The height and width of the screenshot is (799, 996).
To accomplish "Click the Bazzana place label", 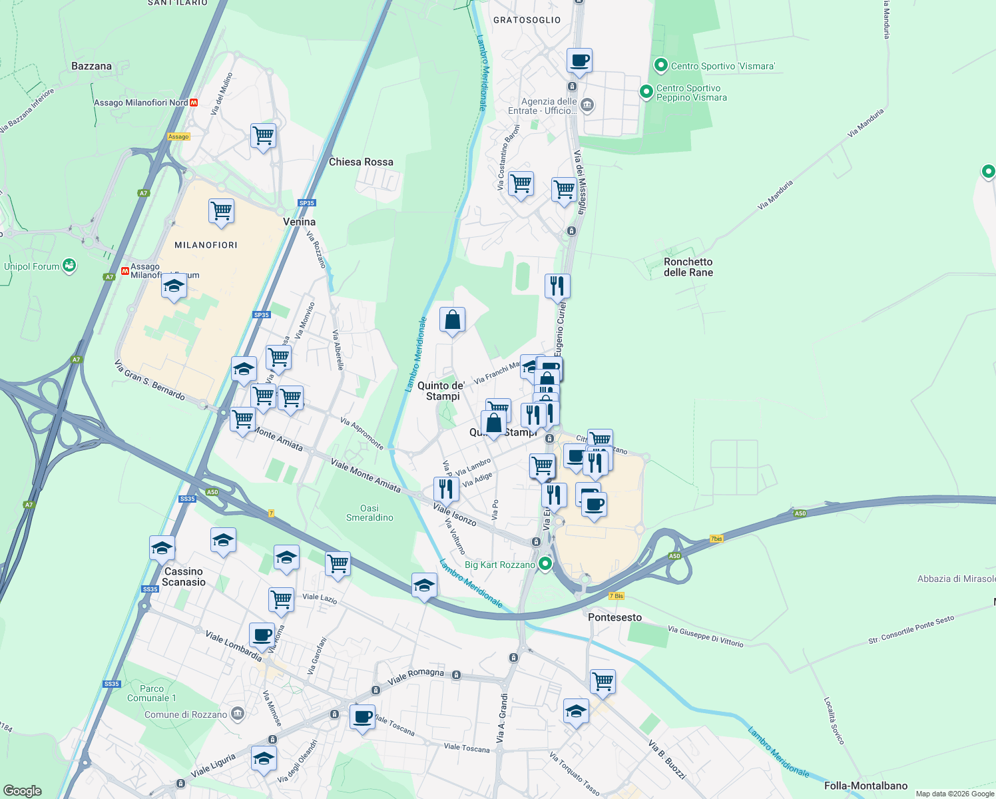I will [91, 66].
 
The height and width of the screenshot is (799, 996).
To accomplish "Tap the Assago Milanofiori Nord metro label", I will [141, 103].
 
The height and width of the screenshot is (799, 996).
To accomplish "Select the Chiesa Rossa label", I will [361, 162].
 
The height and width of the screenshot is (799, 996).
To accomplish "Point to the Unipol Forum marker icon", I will [69, 266].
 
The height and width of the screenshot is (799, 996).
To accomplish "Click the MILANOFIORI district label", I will [206, 245].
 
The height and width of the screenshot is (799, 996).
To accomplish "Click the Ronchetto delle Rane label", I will [688, 267].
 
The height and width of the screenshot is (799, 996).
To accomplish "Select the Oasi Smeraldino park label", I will [370, 513].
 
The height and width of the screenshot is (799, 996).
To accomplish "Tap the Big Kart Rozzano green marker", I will [545, 565].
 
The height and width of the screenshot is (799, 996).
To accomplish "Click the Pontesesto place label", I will [615, 617].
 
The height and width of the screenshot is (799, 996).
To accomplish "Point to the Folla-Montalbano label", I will [866, 786].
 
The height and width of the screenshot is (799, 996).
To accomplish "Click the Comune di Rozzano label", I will [186, 714].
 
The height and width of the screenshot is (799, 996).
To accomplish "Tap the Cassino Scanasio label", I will [183, 577].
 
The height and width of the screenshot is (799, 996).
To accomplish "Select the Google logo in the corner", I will [23, 791].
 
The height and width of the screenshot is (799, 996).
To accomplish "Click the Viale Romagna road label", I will [415, 676].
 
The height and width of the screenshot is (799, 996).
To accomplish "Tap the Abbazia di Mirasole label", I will [956, 579].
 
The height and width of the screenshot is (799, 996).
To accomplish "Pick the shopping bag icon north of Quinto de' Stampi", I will [452, 320].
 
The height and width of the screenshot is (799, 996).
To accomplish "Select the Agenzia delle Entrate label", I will [549, 106].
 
